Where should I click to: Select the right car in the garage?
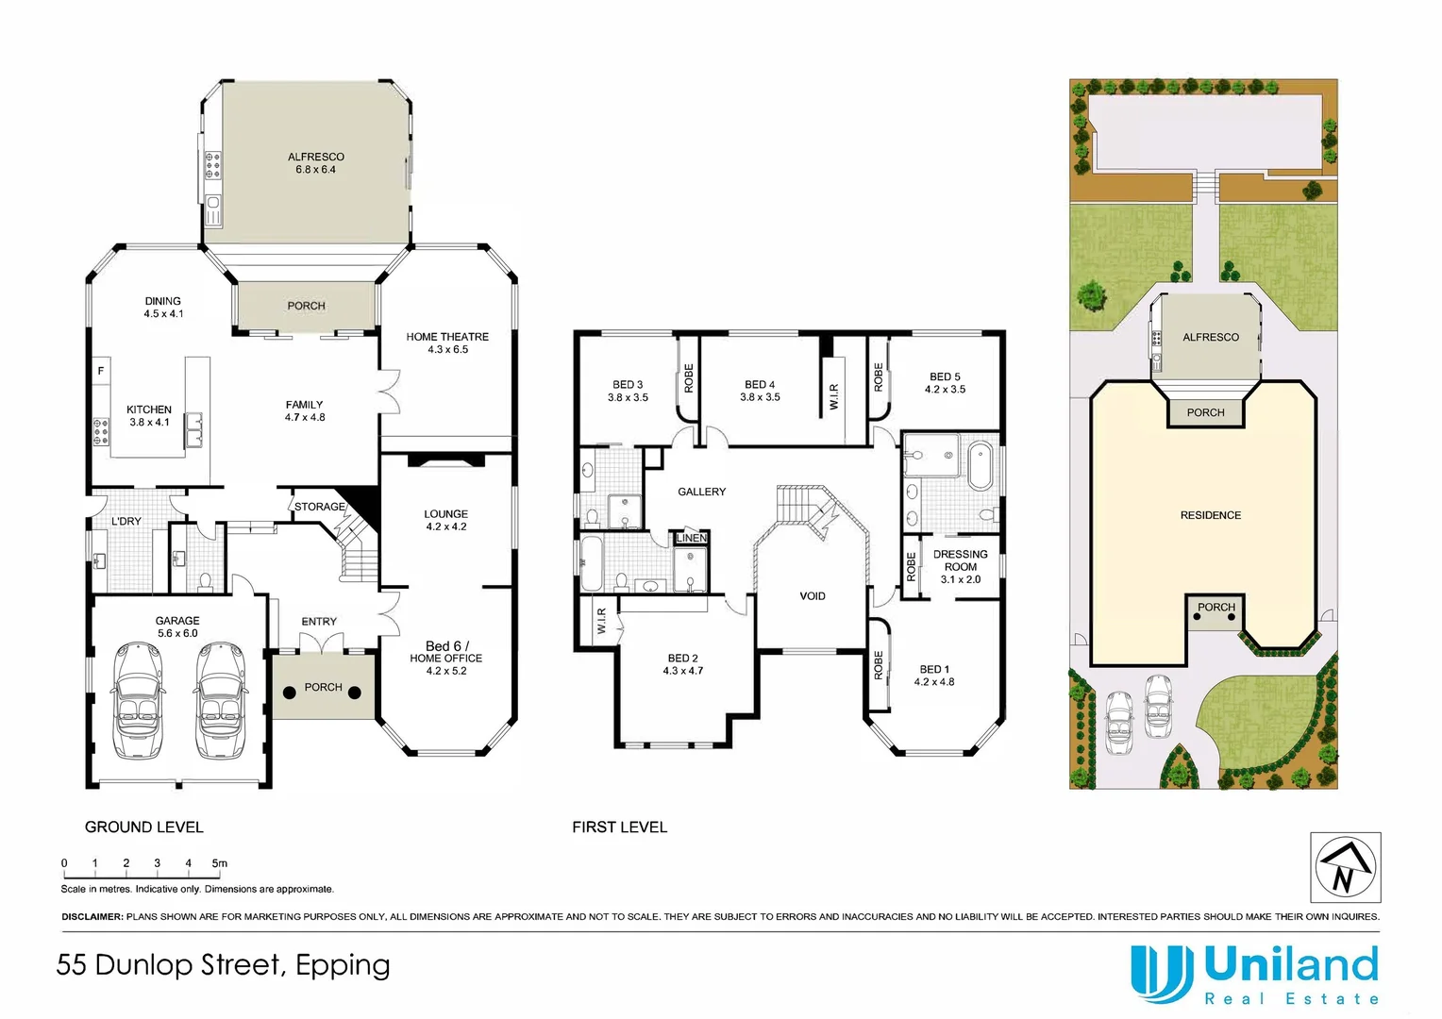click(x=220, y=700)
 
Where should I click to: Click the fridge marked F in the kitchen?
click(x=100, y=371)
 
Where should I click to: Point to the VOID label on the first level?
click(x=812, y=596)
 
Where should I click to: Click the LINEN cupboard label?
click(x=692, y=538)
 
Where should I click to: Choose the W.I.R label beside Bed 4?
click(x=834, y=396)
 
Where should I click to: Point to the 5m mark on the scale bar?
click(x=219, y=863)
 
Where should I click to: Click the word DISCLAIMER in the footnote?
click(x=92, y=916)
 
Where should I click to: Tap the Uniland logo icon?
click(x=1161, y=974)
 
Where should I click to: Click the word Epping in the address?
click(x=343, y=965)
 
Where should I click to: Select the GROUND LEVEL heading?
click(x=143, y=827)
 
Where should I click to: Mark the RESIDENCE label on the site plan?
click(x=1210, y=515)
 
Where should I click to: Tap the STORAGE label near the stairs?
click(x=320, y=507)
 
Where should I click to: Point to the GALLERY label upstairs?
click(x=701, y=492)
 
